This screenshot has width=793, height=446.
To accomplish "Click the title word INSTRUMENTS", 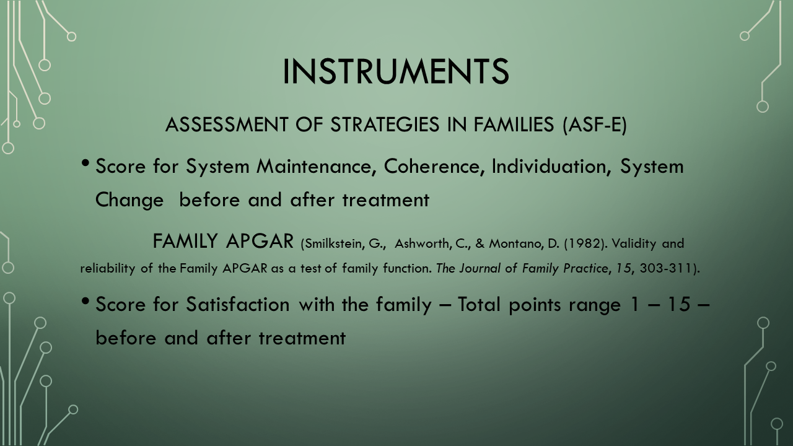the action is coord(396,71).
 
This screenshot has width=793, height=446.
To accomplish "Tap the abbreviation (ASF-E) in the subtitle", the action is coord(594,125).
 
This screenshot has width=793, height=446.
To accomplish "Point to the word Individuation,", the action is coord(551,167).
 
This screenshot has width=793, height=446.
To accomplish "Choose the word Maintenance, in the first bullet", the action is coord(316,167).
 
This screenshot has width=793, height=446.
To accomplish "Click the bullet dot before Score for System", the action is coord(85,164).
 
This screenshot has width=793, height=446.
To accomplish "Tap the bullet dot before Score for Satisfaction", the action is coord(85,302).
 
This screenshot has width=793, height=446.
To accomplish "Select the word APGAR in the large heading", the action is coord(260,242).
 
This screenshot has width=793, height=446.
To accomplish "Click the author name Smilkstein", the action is coord(333,244).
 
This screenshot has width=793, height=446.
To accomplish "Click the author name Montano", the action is coord(516,244).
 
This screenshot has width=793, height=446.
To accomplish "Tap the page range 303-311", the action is coord(665,268).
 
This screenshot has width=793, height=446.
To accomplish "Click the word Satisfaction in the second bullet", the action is coord(238,304).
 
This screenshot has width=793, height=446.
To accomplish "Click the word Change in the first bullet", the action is coord(129,200).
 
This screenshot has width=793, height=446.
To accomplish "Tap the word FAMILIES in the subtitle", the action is coord(514,125).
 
